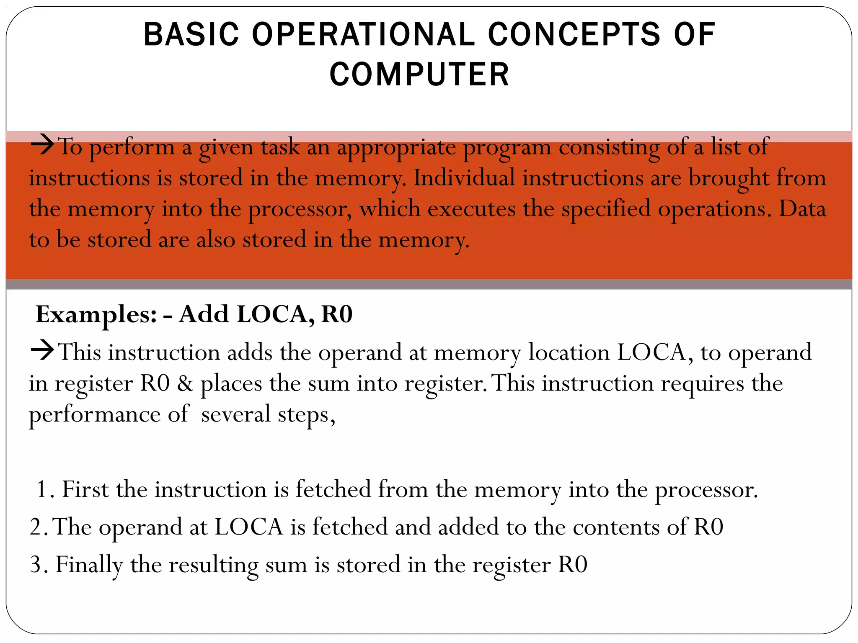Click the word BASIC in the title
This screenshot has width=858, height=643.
tap(191, 34)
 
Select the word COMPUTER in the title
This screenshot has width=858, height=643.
tap(419, 75)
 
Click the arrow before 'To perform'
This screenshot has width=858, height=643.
tap(43, 145)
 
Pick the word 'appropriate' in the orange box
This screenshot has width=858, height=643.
tap(396, 147)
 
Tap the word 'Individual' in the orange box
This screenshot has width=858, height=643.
tap(464, 177)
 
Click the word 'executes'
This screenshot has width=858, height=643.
tap(471, 208)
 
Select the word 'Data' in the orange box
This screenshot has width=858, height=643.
tap(802, 208)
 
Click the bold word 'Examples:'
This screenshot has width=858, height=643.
tap(96, 314)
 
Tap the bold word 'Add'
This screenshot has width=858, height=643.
tap(204, 314)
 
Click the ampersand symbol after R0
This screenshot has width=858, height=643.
tap(185, 383)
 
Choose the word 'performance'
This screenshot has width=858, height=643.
tap(94, 414)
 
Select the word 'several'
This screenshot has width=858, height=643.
tap(235, 414)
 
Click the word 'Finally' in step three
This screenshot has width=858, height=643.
tap(89, 565)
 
